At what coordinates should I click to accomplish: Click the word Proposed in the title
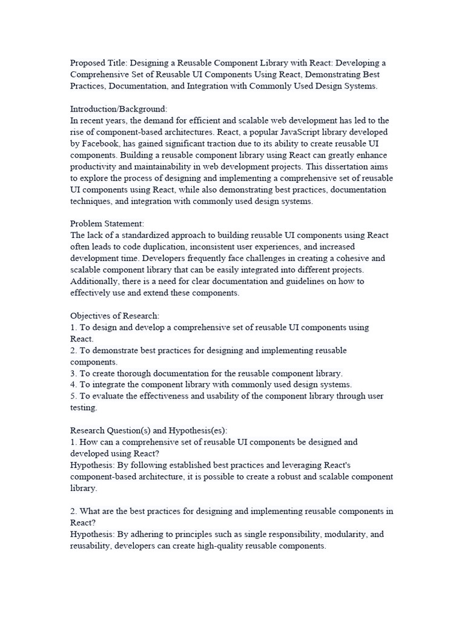(x=87, y=62)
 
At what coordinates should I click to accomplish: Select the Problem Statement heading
(x=107, y=224)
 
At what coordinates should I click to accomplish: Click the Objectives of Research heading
(x=115, y=316)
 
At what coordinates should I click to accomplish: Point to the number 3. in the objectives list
(x=74, y=374)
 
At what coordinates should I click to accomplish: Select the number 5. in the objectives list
(x=74, y=397)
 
